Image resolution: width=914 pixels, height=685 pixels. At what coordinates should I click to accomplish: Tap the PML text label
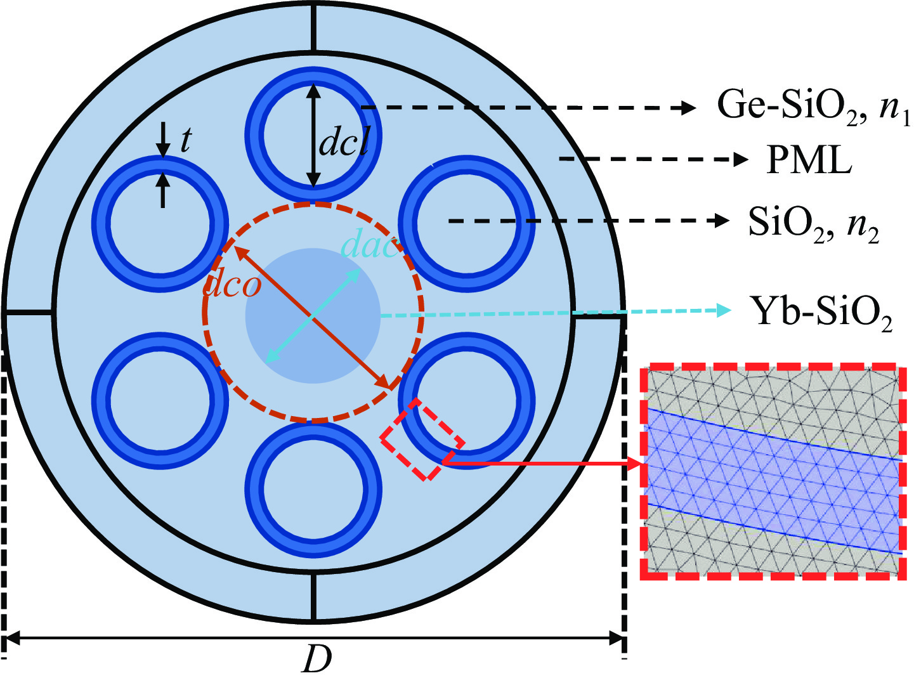809,160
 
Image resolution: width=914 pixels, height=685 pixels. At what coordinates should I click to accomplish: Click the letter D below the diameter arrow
317,659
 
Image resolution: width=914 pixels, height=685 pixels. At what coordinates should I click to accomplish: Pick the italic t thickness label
185,140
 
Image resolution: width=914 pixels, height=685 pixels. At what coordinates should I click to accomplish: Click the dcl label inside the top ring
343,143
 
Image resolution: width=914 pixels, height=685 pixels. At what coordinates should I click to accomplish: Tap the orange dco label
232,285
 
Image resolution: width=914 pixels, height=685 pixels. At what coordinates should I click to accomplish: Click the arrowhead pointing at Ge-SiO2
689,108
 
